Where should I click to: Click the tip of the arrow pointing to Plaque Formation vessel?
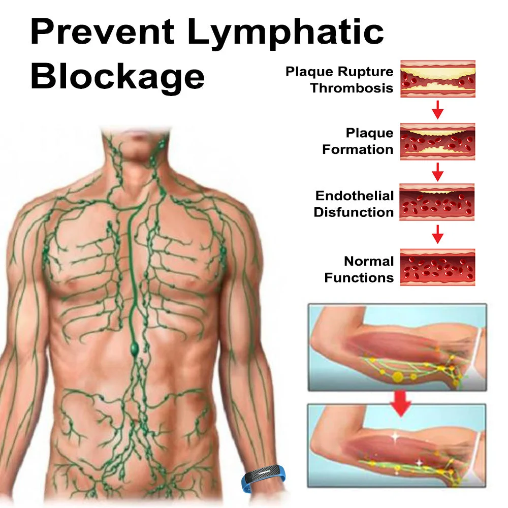pos(437,119)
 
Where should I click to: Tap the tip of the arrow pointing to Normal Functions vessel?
pos(437,244)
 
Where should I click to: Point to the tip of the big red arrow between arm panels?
pos(401,417)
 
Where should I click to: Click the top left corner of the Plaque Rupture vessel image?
pos(400,60)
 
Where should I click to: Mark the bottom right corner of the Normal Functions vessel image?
pos(475,285)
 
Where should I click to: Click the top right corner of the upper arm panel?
pos(487,304)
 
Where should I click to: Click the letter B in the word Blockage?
pos(43,77)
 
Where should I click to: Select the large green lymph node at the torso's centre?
pos(135,349)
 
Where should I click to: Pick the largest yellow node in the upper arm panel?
pos(398,376)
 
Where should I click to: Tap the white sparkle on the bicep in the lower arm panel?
pos(395,437)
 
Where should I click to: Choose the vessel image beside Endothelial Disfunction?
pos(437,202)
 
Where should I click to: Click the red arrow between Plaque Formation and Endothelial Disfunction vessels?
pos(437,172)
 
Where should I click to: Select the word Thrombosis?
pos(352,88)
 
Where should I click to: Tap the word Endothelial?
pos(355,196)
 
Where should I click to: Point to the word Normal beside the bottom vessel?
pos(369,261)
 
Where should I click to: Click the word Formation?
pos(358,149)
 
